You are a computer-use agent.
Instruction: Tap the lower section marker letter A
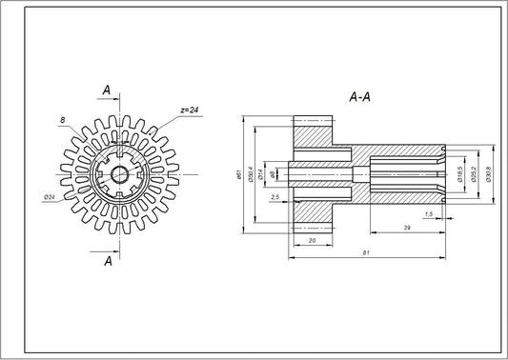click(108, 260)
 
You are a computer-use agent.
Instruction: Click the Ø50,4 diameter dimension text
click(250, 175)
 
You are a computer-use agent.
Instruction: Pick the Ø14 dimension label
click(262, 174)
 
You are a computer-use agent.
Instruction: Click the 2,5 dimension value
click(274, 196)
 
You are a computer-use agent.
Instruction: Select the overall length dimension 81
click(366, 252)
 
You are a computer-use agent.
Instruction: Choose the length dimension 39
click(407, 229)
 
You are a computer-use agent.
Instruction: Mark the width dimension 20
click(313, 240)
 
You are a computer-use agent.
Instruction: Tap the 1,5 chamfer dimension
click(428, 214)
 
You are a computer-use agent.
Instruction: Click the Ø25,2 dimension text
click(474, 174)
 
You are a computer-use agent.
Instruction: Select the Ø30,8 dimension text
click(488, 174)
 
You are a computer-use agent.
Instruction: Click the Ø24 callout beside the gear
click(50, 197)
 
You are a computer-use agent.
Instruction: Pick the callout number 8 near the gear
click(62, 121)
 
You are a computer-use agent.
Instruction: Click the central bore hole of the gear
click(120, 174)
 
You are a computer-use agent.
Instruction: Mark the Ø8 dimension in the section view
click(274, 174)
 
